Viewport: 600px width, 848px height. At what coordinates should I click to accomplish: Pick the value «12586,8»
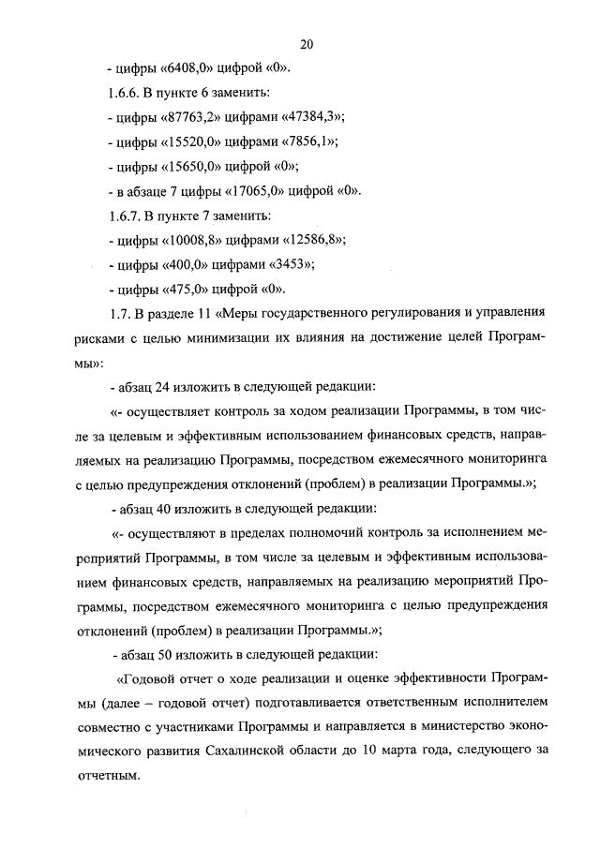311,240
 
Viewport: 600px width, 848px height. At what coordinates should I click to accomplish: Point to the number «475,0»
187,289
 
